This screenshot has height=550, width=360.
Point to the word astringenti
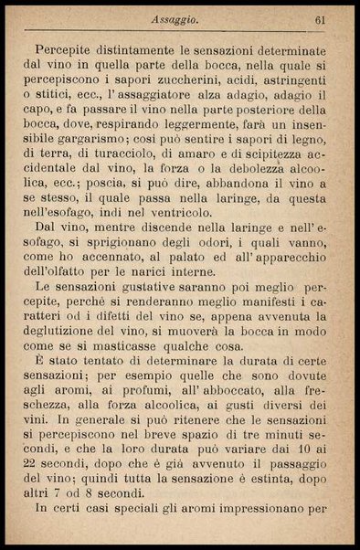(x=291, y=80)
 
